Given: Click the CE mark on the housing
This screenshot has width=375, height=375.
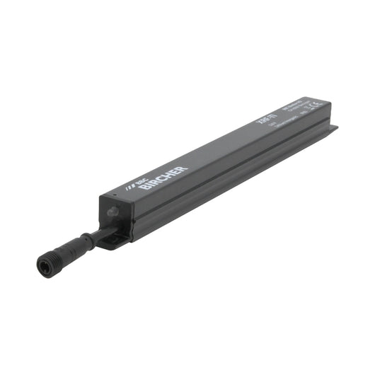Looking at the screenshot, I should (316, 105).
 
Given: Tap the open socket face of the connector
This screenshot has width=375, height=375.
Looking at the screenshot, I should (43, 265).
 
